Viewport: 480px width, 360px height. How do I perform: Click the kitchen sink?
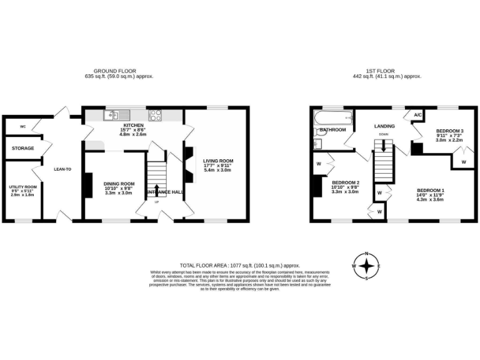click(117, 115)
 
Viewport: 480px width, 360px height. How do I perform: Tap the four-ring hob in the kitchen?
click(154, 115)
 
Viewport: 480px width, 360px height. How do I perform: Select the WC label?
click(22, 126)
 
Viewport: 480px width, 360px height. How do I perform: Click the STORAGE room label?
click(22, 148)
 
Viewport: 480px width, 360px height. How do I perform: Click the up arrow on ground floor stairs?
click(157, 191)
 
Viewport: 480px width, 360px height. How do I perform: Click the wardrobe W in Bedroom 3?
click(463, 162)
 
